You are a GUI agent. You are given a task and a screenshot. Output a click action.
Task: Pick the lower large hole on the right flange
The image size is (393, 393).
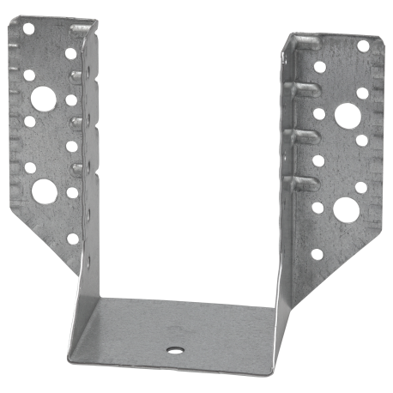tap(345, 208)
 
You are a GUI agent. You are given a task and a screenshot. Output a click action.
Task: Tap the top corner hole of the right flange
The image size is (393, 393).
tap(363, 45)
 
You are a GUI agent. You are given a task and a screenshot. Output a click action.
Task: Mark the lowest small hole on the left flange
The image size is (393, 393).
tap(72, 239)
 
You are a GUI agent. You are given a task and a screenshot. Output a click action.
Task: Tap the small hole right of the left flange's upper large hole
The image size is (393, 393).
tap(71, 100)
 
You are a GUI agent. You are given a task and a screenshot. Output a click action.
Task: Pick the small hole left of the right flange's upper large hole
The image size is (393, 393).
tap(318, 112)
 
